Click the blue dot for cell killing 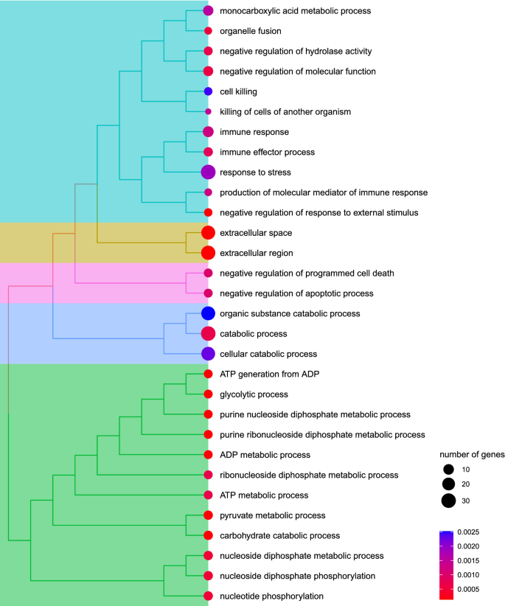(208, 91)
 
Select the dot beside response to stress (208, 173)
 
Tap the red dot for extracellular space (208, 233)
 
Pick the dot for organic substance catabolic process (208, 313)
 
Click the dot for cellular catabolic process (208, 354)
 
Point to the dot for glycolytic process (208, 394)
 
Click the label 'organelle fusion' (250, 31)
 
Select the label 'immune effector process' (268, 152)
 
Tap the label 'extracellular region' (256, 253)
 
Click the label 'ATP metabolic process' (264, 495)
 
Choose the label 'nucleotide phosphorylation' (272, 596)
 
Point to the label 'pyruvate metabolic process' (272, 515)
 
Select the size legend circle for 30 (447, 501)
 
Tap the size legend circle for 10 (447, 470)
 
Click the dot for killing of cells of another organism (208, 111)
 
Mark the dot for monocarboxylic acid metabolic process (208, 11)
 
